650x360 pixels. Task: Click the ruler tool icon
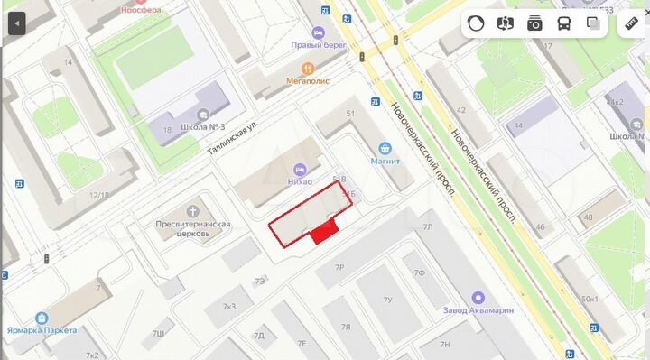[631, 24]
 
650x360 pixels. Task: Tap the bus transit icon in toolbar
[564, 24]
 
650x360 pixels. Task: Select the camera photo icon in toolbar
[534, 24]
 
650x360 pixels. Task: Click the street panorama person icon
[506, 24]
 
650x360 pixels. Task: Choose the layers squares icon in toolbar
[593, 24]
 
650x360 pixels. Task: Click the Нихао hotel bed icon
[299, 168]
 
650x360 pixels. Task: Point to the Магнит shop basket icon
[385, 148]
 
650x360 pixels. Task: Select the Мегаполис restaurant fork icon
[309, 67]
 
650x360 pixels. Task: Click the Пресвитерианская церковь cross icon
[191, 210]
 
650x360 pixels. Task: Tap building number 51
[350, 112]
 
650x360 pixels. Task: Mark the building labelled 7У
[387, 300]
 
